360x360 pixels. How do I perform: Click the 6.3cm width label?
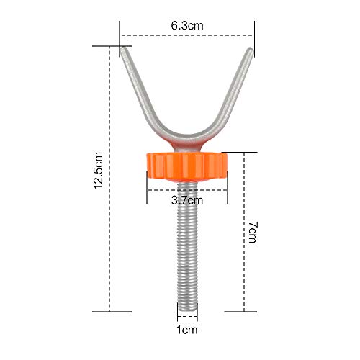187,26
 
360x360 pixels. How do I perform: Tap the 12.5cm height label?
99,171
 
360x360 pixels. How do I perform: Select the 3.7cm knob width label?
187,200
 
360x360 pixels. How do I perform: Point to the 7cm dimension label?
253,233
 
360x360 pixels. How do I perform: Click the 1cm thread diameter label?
187,330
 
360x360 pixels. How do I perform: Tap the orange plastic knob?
187,166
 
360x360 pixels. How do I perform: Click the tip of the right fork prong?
250,49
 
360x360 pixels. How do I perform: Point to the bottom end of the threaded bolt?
187,310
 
